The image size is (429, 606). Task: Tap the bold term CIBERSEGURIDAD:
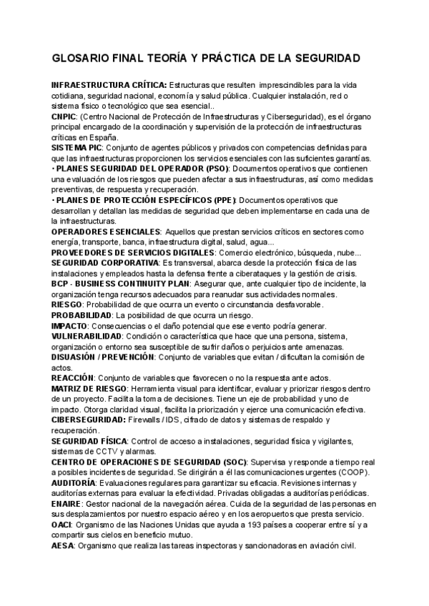coord(89,420)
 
